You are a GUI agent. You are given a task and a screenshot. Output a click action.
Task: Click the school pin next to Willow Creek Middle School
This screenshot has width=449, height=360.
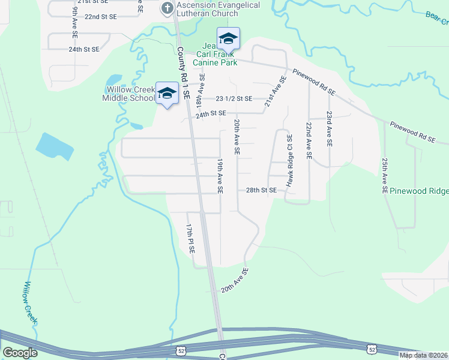click(x=167, y=94)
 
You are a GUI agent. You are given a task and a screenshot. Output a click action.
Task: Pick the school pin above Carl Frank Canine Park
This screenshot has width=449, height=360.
click(x=228, y=40)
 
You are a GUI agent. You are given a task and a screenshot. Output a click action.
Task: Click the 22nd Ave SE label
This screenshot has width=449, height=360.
click(x=309, y=140)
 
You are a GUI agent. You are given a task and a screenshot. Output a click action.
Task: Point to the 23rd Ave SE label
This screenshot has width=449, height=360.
click(x=329, y=129)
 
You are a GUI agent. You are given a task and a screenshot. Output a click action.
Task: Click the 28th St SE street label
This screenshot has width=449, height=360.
click(x=261, y=190)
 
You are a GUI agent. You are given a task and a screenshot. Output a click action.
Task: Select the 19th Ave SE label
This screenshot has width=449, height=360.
click(x=220, y=176)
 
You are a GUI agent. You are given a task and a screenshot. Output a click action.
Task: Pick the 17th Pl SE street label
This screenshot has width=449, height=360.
click(x=190, y=238)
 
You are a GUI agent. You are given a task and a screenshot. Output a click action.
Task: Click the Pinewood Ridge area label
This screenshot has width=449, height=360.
click(x=418, y=191)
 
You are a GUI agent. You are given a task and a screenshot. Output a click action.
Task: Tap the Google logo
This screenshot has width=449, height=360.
click(x=20, y=353)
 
